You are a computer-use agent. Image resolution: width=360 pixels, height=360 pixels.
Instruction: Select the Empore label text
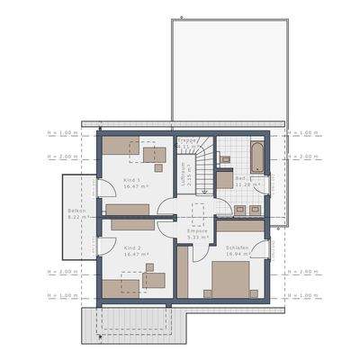click(x=197, y=230)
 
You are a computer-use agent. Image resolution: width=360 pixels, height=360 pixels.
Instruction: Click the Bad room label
click(x=241, y=178)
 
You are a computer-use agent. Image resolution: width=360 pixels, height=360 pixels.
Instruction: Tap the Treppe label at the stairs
click(x=186, y=141)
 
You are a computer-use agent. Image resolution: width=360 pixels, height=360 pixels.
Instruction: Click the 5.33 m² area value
click(x=197, y=237)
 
